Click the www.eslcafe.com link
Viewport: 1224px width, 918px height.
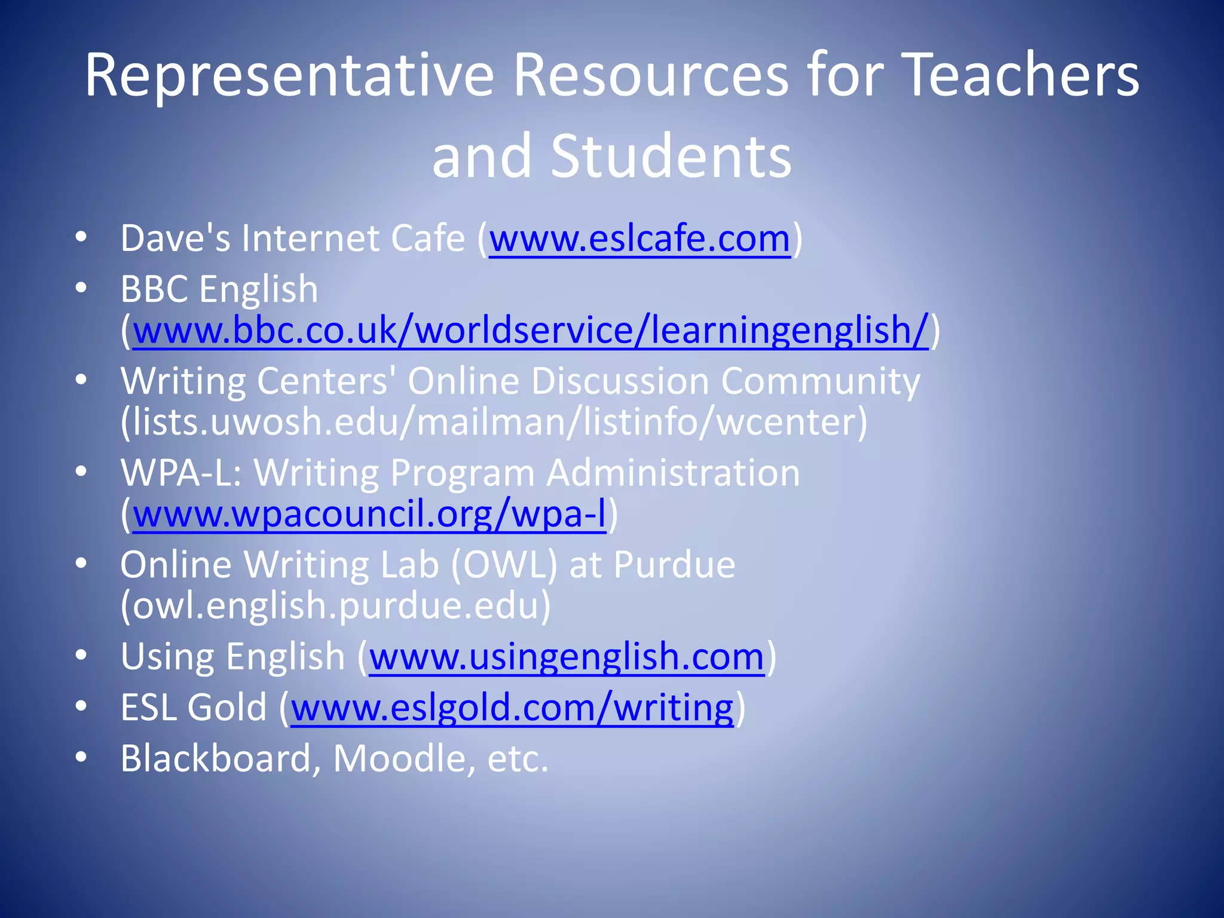639,239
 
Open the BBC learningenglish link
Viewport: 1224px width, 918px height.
530,331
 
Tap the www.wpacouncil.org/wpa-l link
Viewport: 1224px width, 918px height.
369,514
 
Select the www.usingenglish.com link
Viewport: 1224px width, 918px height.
567,657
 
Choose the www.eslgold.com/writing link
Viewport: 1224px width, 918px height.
512,708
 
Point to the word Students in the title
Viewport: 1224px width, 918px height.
671,157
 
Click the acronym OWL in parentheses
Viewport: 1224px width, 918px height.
504,565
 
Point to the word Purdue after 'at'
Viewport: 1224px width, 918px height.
674,565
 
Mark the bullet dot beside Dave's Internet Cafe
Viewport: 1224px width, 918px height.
81,238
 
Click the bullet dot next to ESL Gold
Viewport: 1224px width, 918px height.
81,707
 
